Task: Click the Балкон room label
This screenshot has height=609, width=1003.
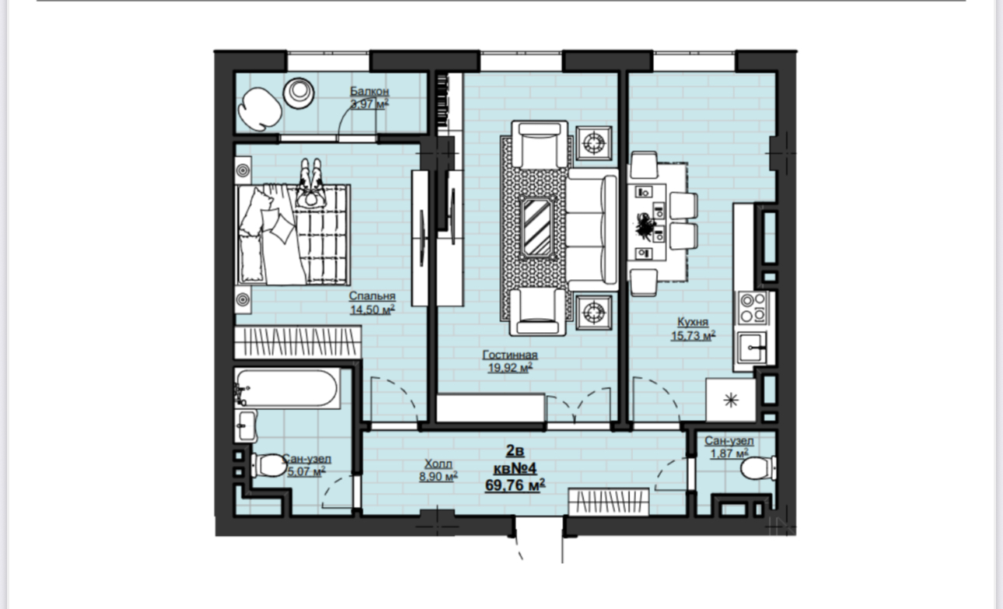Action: [369, 91]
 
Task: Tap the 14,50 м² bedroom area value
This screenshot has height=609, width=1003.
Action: [372, 310]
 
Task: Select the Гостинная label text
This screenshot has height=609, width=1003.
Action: [510, 355]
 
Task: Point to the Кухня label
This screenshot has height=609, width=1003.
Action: [693, 322]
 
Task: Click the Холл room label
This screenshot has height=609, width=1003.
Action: [439, 464]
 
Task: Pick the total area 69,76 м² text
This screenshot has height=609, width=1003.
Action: [515, 485]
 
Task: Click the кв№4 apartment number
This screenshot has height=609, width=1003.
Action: [515, 468]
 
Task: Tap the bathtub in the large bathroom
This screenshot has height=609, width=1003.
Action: [287, 388]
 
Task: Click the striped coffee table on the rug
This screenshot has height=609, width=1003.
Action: [537, 227]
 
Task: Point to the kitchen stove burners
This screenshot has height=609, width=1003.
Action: [753, 308]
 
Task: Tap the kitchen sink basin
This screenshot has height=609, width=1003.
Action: [751, 348]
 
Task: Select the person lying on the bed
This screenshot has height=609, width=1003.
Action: [311, 182]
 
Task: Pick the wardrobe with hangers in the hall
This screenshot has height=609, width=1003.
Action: [609, 502]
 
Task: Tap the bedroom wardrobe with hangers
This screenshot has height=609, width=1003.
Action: [298, 342]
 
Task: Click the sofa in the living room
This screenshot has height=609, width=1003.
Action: [592, 229]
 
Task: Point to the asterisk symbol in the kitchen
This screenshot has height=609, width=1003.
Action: [731, 400]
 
